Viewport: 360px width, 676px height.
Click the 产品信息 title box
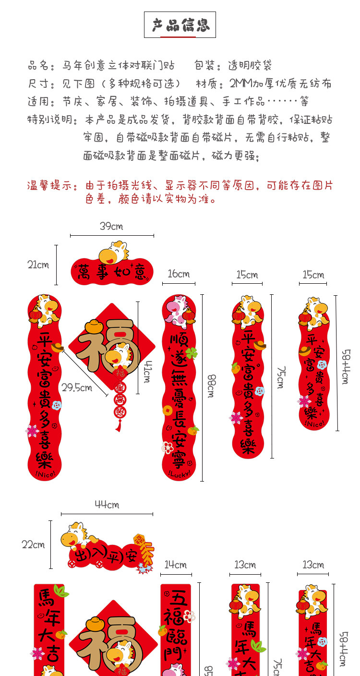click(180, 25)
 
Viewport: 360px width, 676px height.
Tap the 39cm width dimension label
click(111, 226)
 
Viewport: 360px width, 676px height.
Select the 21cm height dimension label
click(38, 265)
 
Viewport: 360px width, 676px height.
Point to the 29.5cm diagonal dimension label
click(77, 387)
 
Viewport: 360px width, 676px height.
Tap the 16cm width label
click(179, 274)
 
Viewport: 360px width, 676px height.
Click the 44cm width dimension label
click(107, 505)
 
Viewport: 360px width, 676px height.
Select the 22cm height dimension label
click(33, 544)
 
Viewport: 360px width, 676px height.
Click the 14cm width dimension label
click(176, 565)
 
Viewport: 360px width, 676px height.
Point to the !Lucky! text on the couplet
click(179, 474)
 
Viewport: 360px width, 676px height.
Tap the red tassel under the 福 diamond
click(118, 424)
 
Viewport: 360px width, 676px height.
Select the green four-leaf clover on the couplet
click(192, 353)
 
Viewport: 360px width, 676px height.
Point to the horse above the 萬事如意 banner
click(113, 252)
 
